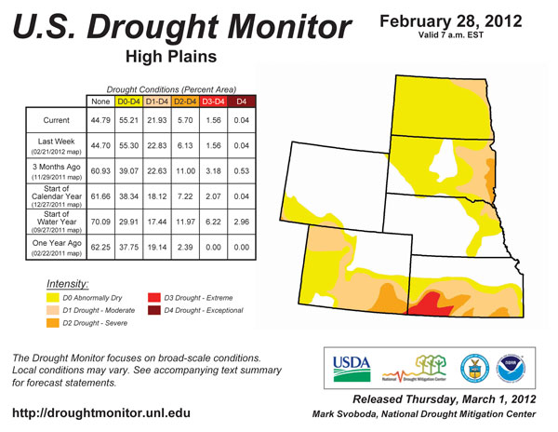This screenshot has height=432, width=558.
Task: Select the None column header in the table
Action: click(x=100, y=101)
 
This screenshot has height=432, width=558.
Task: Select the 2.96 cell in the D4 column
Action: click(x=242, y=224)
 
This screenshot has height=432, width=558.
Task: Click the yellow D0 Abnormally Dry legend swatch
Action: click(x=54, y=297)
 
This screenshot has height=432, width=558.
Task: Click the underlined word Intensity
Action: click(x=68, y=281)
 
